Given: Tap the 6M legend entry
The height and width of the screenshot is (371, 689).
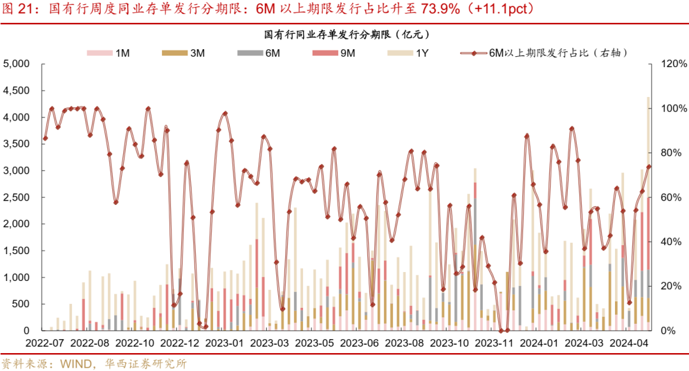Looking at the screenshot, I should (264, 54).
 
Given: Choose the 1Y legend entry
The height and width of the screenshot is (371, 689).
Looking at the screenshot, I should (415, 54).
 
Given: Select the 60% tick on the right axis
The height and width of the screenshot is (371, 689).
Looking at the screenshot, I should (672, 197).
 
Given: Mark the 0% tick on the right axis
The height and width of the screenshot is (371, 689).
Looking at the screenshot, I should (669, 331).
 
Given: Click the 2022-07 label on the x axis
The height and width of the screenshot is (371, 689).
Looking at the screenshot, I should (45, 344).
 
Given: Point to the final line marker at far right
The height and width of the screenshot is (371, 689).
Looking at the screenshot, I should (649, 167).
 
